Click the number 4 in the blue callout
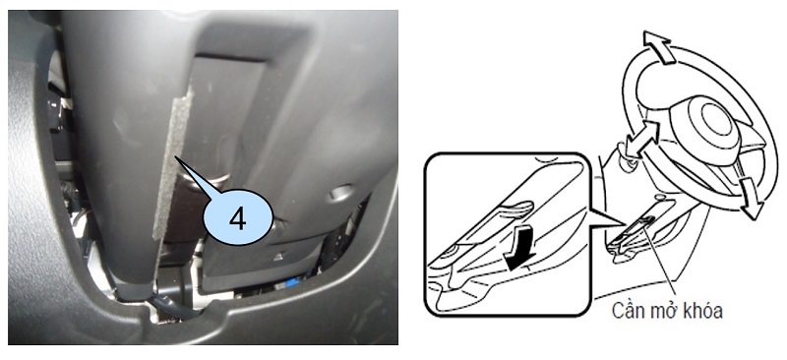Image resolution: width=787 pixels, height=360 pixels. [238, 218]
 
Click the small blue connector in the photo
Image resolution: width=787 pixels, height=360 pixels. [291, 281]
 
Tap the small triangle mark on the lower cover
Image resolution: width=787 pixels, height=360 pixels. [277, 257]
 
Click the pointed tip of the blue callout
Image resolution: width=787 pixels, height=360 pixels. [176, 156]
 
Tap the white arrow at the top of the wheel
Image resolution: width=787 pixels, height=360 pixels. [658, 46]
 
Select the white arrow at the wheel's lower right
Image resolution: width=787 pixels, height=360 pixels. [749, 198]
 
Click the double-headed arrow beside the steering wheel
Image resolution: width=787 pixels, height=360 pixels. [642, 138]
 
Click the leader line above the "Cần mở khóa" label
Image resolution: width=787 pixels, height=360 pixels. [662, 260]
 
